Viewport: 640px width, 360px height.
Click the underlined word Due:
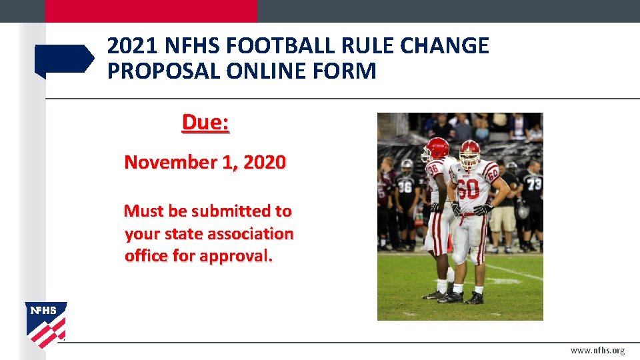(x=205, y=123)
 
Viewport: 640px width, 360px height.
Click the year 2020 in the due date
(x=265, y=162)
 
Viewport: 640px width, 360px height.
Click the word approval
(x=236, y=256)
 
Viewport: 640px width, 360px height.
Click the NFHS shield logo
(x=46, y=324)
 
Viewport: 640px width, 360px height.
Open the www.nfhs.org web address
(x=597, y=351)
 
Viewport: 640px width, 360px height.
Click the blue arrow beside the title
(x=64, y=60)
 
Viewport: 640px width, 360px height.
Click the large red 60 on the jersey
(x=469, y=190)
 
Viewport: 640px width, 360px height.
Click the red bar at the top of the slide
(x=151, y=11)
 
